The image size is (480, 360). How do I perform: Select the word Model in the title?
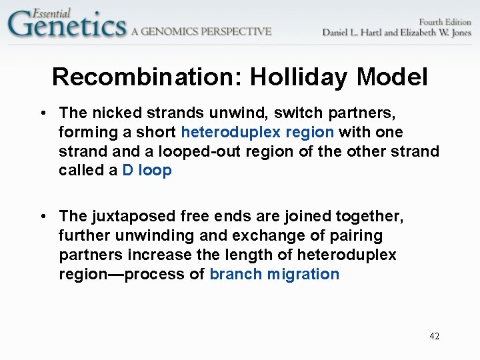click(x=392, y=77)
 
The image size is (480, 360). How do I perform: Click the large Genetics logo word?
click(x=67, y=27)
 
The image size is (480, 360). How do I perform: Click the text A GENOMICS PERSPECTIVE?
click(x=201, y=31)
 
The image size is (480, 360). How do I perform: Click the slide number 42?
click(x=434, y=336)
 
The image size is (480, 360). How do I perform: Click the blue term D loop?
click(x=147, y=171)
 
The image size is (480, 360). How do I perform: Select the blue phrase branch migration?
click(x=274, y=274)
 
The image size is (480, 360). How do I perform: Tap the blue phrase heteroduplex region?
click(x=257, y=132)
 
